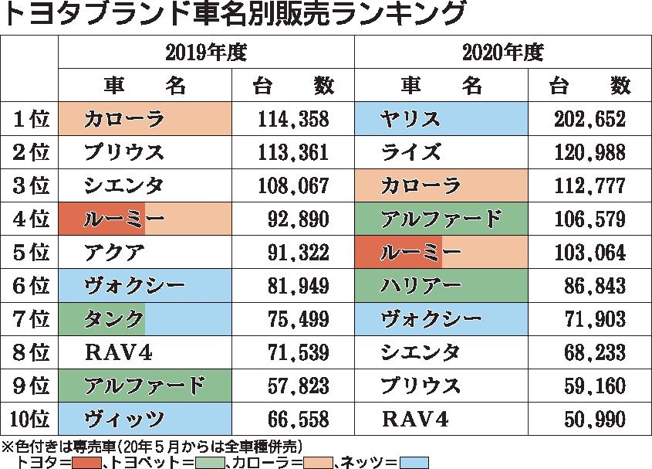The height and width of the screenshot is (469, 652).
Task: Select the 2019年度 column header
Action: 206,53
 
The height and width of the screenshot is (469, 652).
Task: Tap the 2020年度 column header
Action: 504,53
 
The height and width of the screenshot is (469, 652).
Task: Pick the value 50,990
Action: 590,420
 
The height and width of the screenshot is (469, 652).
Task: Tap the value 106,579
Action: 590,219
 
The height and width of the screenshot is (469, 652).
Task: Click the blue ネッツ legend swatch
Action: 414,462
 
